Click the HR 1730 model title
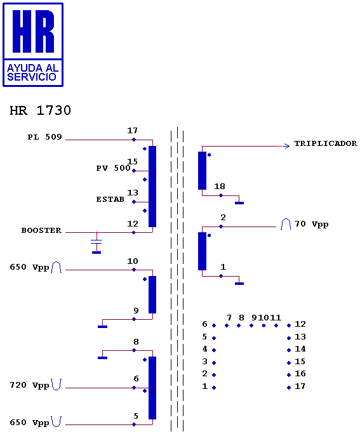pos(41,110)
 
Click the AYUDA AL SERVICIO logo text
pos(32,72)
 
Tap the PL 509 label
pos(44,137)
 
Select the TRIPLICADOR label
pos(326,143)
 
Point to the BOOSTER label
pos(41,230)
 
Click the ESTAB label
pos(110,199)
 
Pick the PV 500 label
pos(113,168)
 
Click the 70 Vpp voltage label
pos(312,224)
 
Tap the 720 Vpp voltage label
pos(29,385)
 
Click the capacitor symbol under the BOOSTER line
pos(97,243)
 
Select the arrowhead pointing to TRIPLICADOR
pos(286,146)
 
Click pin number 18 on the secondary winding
pos(220,187)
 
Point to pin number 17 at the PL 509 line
pos(132,130)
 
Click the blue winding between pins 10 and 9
pos(152,294)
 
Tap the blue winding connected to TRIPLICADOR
pos(202,171)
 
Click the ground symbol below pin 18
pos(239,203)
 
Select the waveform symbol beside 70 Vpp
pos(286,224)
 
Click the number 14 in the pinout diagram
pos(300,349)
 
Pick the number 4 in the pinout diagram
pos(204,349)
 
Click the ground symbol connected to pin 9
pos(102,327)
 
